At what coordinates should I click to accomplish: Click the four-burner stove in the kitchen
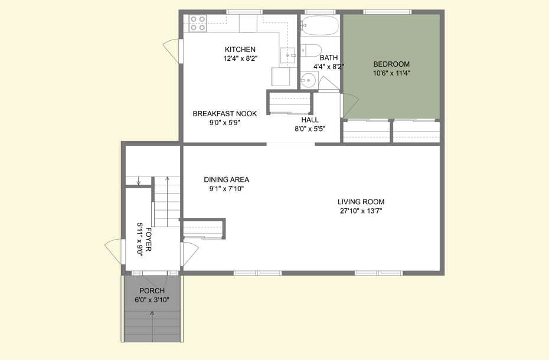(x=198, y=23)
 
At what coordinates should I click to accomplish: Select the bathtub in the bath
(x=319, y=26)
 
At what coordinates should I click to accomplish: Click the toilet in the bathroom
(x=311, y=50)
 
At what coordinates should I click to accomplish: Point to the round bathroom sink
(x=307, y=80)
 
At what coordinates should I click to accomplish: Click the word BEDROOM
(x=391, y=64)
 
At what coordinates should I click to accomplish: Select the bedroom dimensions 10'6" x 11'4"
(x=391, y=74)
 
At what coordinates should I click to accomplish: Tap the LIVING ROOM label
(x=361, y=202)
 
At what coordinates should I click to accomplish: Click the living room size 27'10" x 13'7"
(x=361, y=211)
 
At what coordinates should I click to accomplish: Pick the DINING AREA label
(x=226, y=179)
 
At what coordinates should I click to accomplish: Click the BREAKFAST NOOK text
(x=224, y=114)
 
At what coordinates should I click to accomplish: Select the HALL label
(x=310, y=120)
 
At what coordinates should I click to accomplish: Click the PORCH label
(x=152, y=291)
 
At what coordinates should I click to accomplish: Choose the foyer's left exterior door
(x=113, y=253)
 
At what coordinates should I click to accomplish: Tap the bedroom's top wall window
(x=387, y=12)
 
